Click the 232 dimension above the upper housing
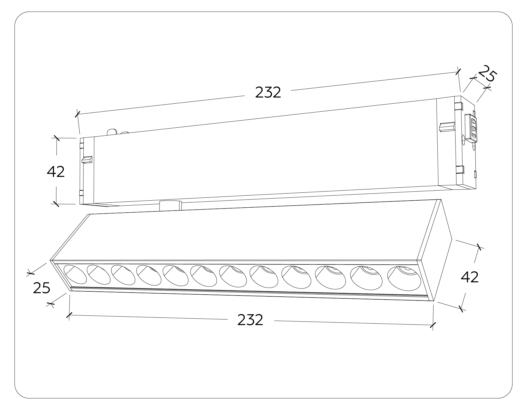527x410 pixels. tap(268, 92)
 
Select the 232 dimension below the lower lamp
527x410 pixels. tap(250, 320)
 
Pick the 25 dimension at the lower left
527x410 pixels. tap(42, 288)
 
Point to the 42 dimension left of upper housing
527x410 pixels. tap(56, 172)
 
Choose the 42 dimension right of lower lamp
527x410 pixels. tap(470, 277)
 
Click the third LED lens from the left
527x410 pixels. tap(123, 275)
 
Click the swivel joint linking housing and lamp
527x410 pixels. tap(171, 205)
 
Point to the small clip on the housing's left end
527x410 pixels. tap(87, 159)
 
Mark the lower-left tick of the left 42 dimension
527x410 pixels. tap(56, 204)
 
